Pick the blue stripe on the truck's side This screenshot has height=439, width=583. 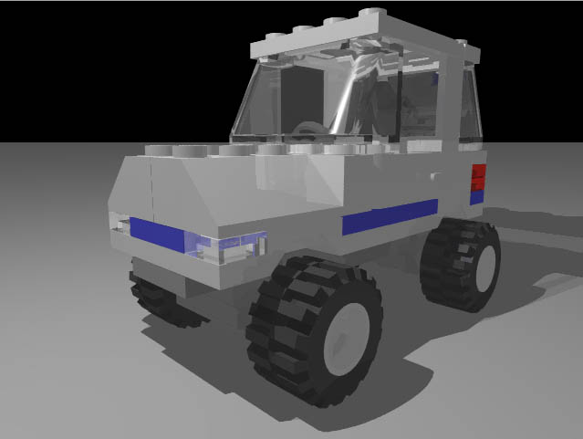point(390,217)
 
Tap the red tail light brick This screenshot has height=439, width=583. point(477,176)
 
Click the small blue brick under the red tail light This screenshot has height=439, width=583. point(476,194)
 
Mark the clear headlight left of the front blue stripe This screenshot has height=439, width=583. point(119,222)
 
